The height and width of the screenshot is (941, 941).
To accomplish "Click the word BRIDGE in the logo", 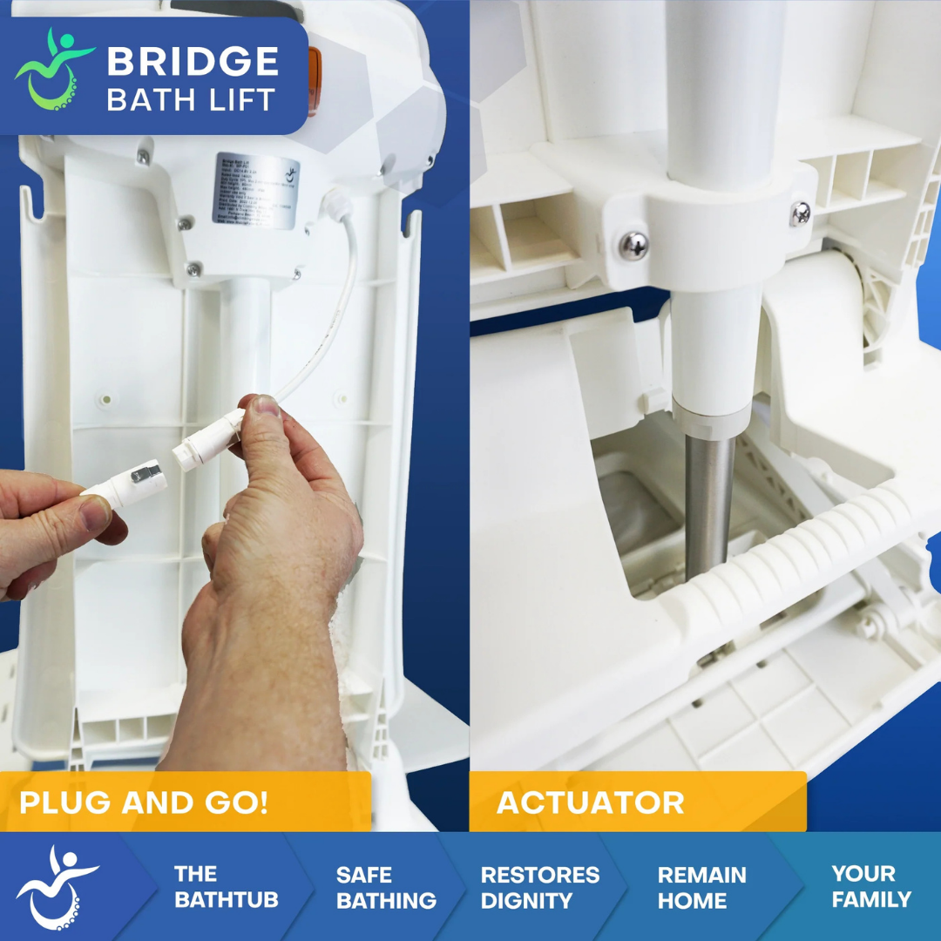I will point(193,61).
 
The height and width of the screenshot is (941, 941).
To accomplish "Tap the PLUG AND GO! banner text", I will point(144,802).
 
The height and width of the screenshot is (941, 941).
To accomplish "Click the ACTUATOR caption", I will point(590,802).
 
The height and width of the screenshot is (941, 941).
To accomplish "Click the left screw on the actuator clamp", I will point(634,246).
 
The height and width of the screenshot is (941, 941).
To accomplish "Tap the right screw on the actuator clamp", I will point(799,213).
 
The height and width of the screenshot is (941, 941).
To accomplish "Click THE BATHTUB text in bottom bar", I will point(225,887).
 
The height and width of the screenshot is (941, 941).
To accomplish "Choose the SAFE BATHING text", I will point(385,887).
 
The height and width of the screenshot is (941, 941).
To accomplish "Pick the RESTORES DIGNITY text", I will point(539,887).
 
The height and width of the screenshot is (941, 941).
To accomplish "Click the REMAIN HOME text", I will point(702,887).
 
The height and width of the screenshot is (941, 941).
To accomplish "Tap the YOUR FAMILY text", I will point(870,887).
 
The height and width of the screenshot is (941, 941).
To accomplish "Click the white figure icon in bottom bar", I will point(57,885).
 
